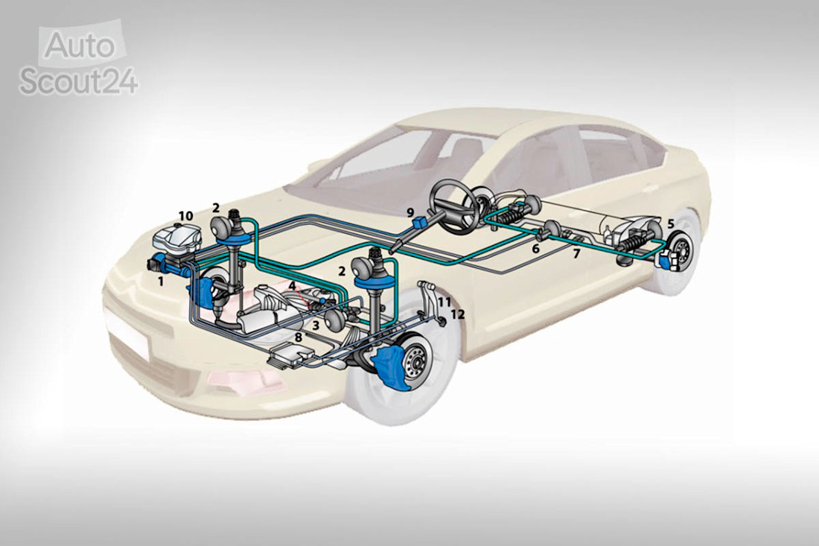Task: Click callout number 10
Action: (185, 216)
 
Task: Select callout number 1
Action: (162, 282)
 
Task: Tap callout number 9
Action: (410, 212)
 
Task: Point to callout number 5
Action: (671, 223)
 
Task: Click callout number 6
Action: (535, 249)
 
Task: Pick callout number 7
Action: (576, 255)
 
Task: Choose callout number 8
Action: (299, 337)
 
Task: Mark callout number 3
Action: (316, 325)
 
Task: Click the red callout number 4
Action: (293, 286)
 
